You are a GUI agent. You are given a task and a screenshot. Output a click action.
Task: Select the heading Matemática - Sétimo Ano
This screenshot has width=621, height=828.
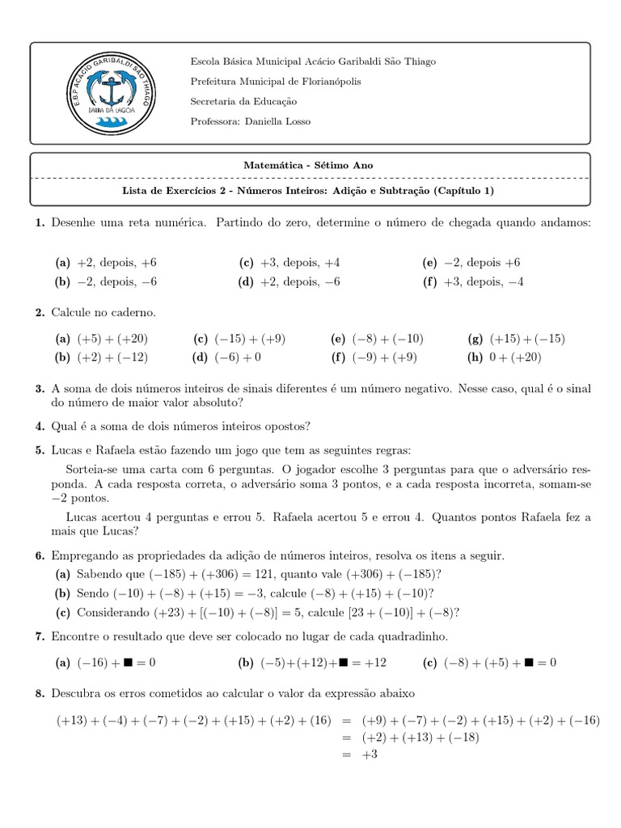coord(309,165)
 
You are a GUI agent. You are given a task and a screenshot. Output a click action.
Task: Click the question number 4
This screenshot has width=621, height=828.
coord(40,426)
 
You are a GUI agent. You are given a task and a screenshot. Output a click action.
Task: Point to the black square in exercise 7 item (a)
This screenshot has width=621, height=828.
coord(127,663)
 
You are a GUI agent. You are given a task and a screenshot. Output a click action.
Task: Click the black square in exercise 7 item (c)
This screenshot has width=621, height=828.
coord(528,663)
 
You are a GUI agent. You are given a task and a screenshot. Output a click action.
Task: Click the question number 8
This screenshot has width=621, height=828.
coord(40,693)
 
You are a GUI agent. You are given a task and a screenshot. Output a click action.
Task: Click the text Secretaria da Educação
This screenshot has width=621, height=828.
coord(243,102)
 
